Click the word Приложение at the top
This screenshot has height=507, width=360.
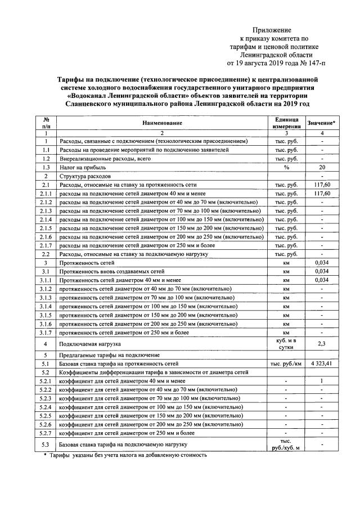(272, 29)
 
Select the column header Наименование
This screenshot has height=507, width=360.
(161, 122)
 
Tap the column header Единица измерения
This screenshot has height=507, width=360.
(286, 122)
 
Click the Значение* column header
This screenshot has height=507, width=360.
(322, 123)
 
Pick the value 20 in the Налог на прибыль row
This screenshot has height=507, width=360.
(322, 168)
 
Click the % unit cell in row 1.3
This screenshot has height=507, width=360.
(286, 168)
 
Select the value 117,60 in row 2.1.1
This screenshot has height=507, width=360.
(322, 194)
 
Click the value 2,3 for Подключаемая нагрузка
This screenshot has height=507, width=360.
(322, 343)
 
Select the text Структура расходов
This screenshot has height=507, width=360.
(87, 177)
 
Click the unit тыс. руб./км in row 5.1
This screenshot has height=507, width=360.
(286, 364)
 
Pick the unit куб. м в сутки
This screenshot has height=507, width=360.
(286, 343)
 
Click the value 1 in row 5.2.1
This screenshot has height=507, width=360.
(322, 381)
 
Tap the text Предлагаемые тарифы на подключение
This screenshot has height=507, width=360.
(110, 356)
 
